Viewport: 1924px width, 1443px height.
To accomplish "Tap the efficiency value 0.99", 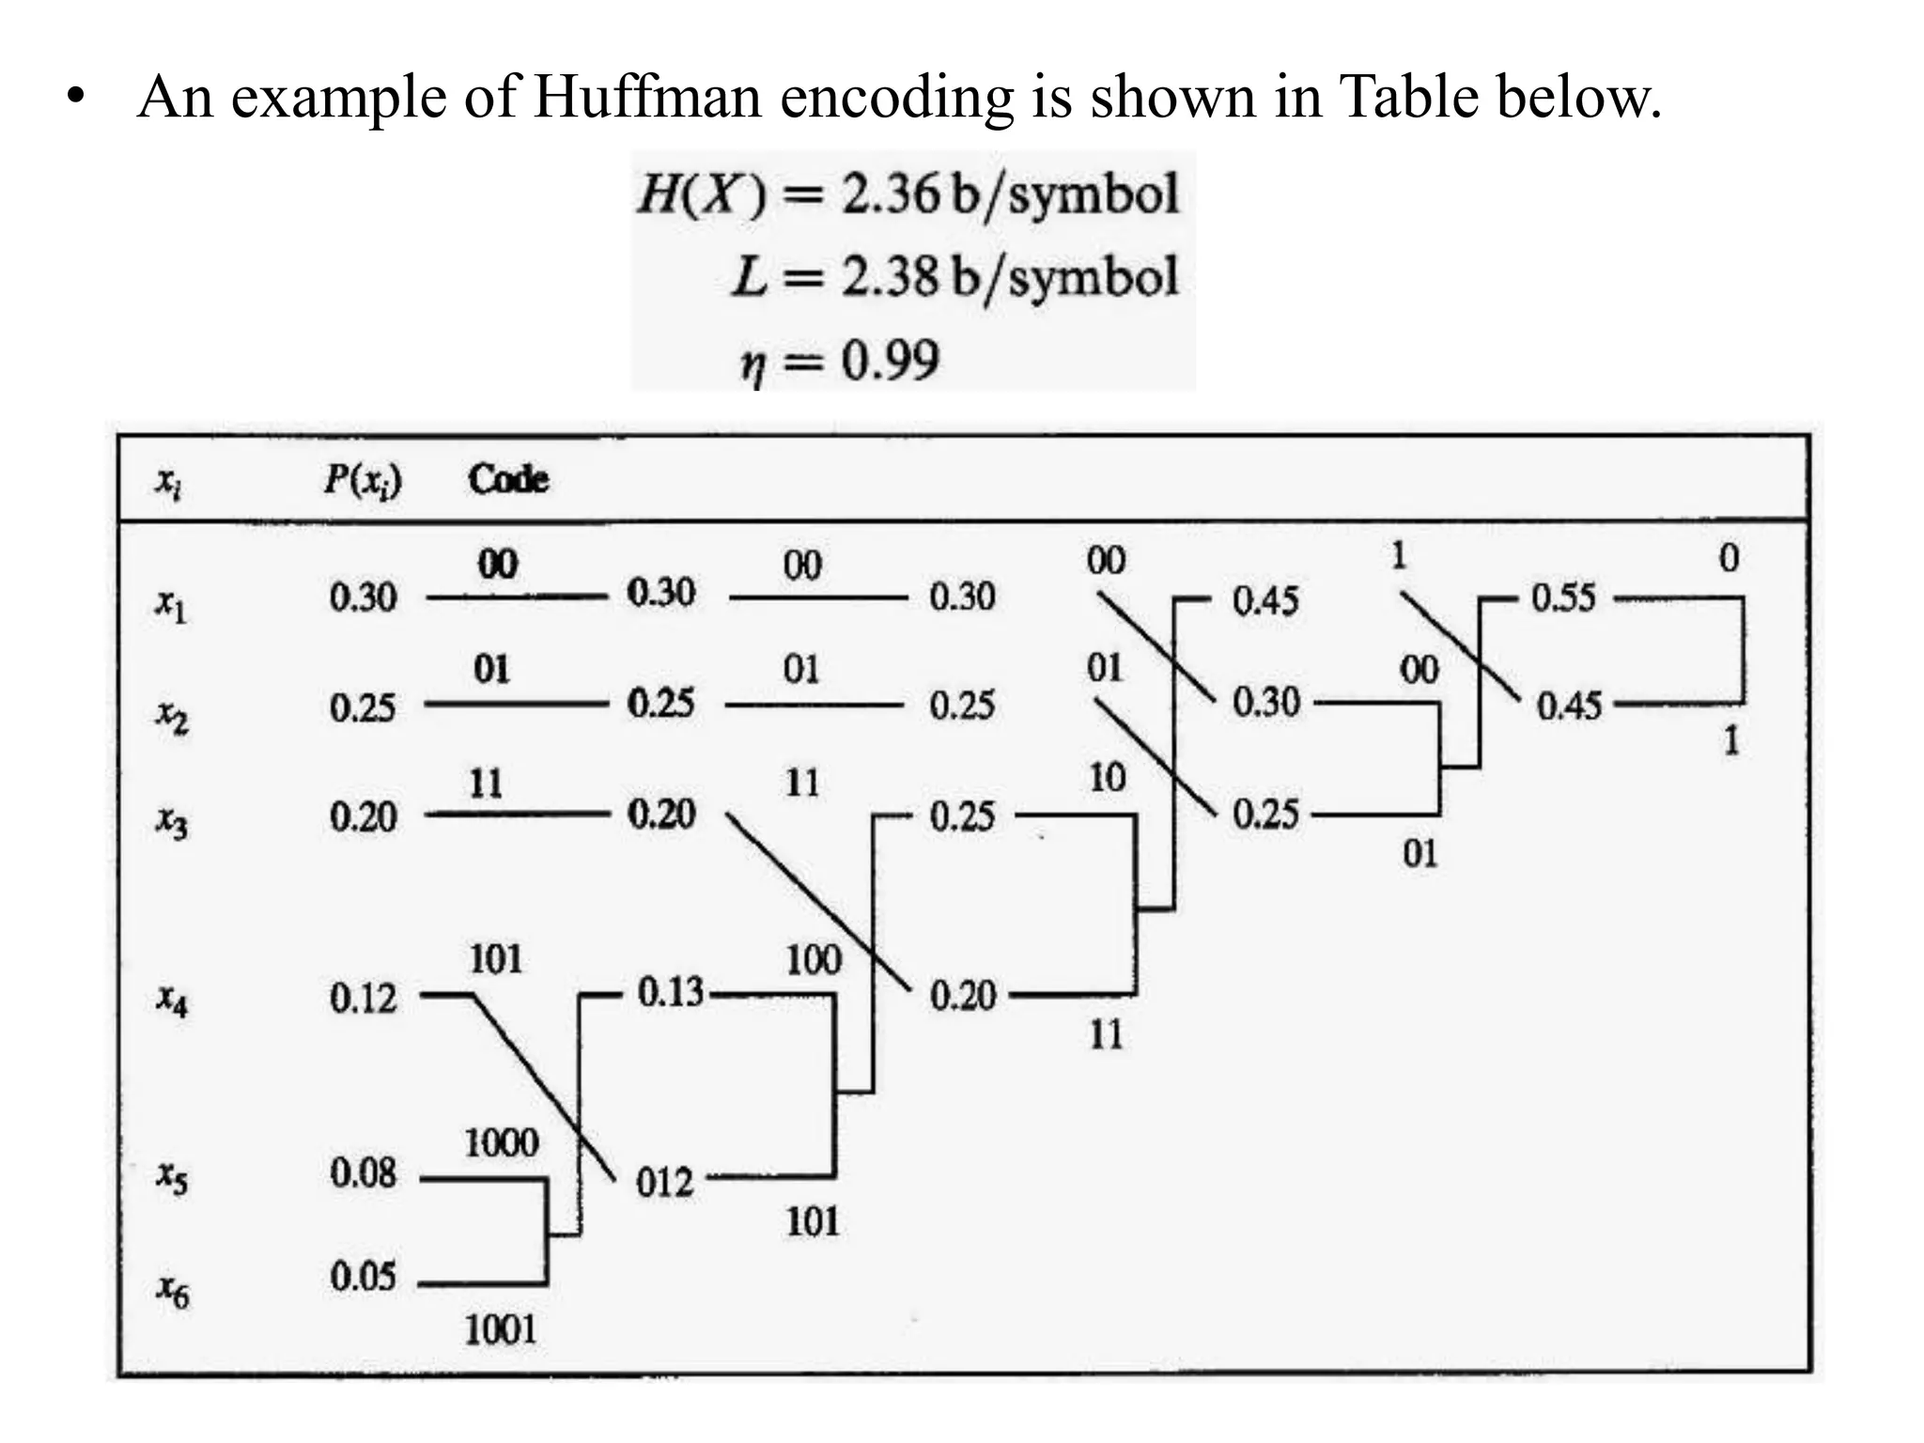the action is tap(890, 360).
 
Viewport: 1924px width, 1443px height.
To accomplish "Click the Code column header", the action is tap(508, 479).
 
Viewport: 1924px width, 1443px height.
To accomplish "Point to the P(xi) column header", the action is tap(363, 480).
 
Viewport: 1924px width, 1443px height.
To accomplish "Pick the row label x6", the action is tap(172, 1292).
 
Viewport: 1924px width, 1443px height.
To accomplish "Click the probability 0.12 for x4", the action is tap(363, 998).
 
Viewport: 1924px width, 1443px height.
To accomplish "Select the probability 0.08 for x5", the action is tap(363, 1173).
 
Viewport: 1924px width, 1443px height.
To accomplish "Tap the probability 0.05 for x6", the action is tap(363, 1277).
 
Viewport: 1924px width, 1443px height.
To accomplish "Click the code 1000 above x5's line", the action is tap(502, 1143).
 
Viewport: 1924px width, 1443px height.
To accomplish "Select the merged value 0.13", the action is tap(670, 992).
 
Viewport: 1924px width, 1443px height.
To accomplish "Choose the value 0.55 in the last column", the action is tap(1563, 598).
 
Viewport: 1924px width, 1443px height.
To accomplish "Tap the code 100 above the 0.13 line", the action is tap(814, 960).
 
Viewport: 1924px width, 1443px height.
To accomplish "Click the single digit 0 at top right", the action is tap(1729, 558).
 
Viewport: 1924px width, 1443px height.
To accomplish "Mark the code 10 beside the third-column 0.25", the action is tap(1107, 778).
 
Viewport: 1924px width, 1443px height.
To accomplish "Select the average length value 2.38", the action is tap(890, 277).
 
